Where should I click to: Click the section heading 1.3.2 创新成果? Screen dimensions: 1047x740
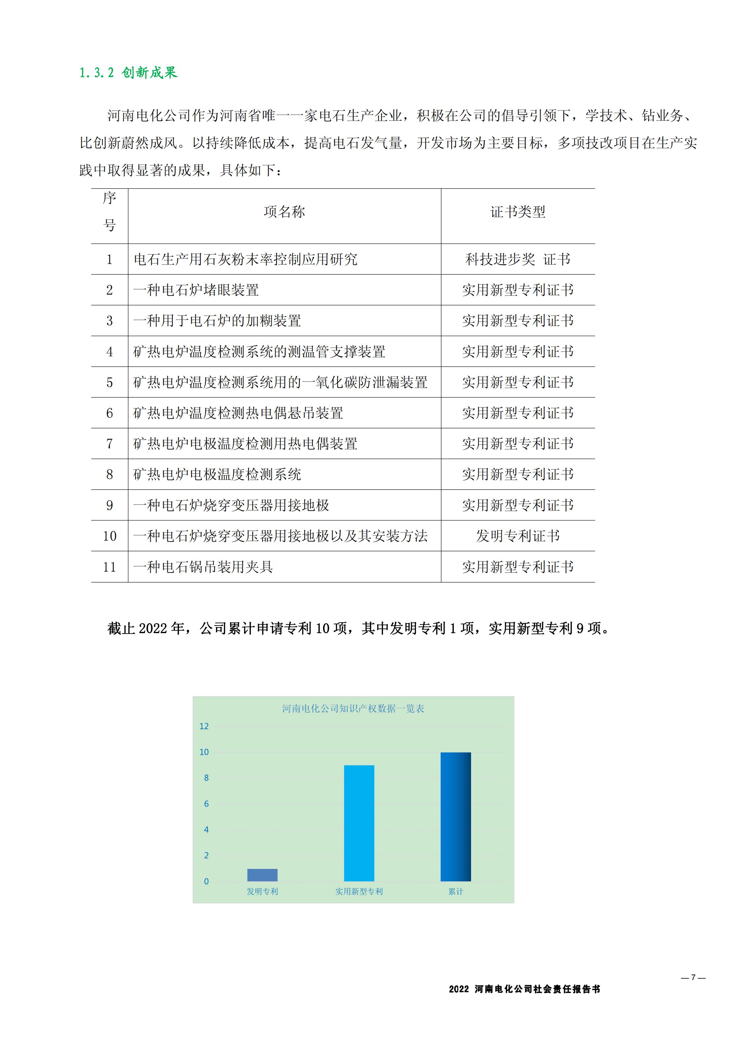pyautogui.click(x=128, y=73)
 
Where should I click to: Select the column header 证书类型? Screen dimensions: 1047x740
pyautogui.click(x=518, y=212)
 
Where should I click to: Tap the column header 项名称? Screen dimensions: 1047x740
pyautogui.click(x=284, y=212)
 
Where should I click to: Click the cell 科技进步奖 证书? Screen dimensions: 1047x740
pyautogui.click(x=518, y=260)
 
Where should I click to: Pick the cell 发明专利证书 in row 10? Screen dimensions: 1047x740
pyautogui.click(x=518, y=536)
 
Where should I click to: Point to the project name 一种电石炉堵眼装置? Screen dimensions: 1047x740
pyautogui.click(x=196, y=290)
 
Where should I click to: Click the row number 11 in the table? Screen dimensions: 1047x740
pyautogui.click(x=109, y=567)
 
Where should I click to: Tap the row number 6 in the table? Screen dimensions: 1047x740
pyautogui.click(x=109, y=413)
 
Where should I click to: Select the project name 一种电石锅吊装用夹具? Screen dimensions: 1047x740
pyautogui.click(x=203, y=567)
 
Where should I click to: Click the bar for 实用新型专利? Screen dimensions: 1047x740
pyautogui.click(x=359, y=823)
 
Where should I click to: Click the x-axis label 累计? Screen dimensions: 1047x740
pyautogui.click(x=456, y=891)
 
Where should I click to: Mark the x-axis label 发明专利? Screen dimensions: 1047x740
pyautogui.click(x=262, y=891)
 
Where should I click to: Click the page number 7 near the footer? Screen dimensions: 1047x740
pyautogui.click(x=693, y=977)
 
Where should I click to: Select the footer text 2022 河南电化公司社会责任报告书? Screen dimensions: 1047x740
pyautogui.click(x=524, y=989)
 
